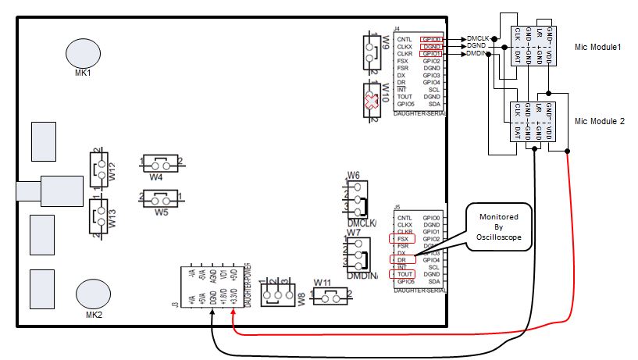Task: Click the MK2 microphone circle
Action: tap(93, 295)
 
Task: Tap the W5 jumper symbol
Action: tap(161, 198)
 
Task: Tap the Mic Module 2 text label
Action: tap(599, 122)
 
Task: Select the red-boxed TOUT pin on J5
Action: tap(405, 274)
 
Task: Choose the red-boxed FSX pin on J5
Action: tap(403, 238)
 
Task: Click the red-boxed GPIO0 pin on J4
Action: tap(432, 39)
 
